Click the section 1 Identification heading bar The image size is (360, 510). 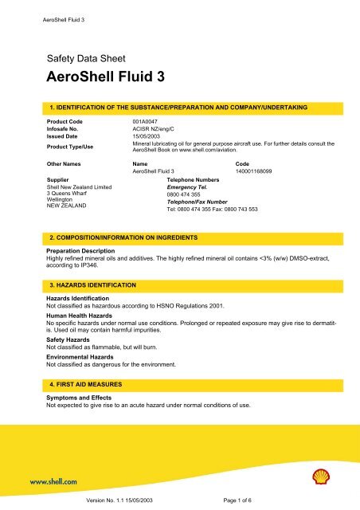[180, 107]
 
